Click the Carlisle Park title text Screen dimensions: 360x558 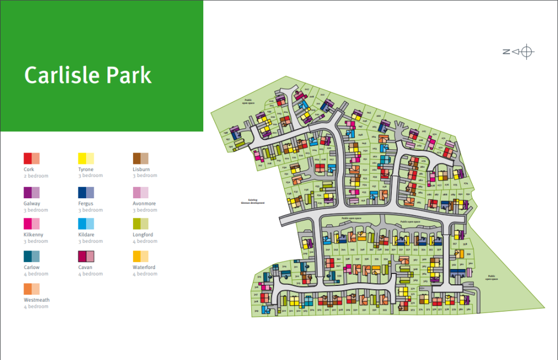coord(88,75)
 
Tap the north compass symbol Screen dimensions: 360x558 coord(518,52)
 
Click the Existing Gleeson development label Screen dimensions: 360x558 coord(253,202)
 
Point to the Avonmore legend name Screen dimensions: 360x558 coord(144,204)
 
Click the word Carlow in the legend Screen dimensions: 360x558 coord(32,267)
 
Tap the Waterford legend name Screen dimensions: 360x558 coord(144,267)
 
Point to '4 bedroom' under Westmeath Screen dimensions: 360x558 coord(36,307)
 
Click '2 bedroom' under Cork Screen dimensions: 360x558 coord(36,176)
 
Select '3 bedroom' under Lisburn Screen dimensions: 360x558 coord(145,176)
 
